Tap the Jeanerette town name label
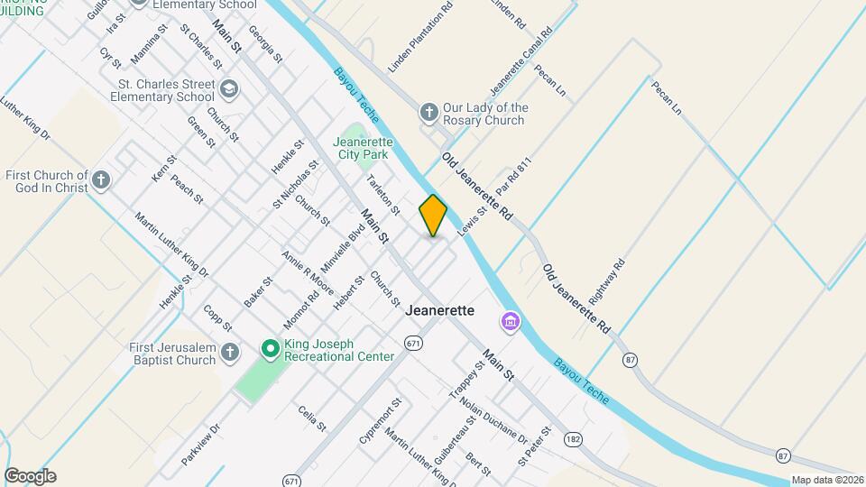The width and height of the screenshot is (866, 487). point(440,309)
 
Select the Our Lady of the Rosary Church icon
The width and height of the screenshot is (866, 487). point(430,113)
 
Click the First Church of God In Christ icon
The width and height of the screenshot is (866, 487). point(101,180)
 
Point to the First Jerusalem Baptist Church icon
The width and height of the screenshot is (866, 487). point(230,353)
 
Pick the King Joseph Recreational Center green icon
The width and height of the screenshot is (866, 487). point(270,348)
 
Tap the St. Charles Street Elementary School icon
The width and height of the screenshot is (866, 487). point(229,89)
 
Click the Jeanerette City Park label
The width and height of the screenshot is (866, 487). point(363,149)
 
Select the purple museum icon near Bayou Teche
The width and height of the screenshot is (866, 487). point(510,321)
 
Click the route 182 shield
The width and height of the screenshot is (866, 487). point(573,439)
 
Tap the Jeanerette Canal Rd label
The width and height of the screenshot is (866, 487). point(521,62)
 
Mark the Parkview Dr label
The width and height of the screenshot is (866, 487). point(200,446)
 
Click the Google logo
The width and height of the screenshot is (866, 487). point(30,476)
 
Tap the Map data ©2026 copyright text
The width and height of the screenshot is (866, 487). point(826,480)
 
